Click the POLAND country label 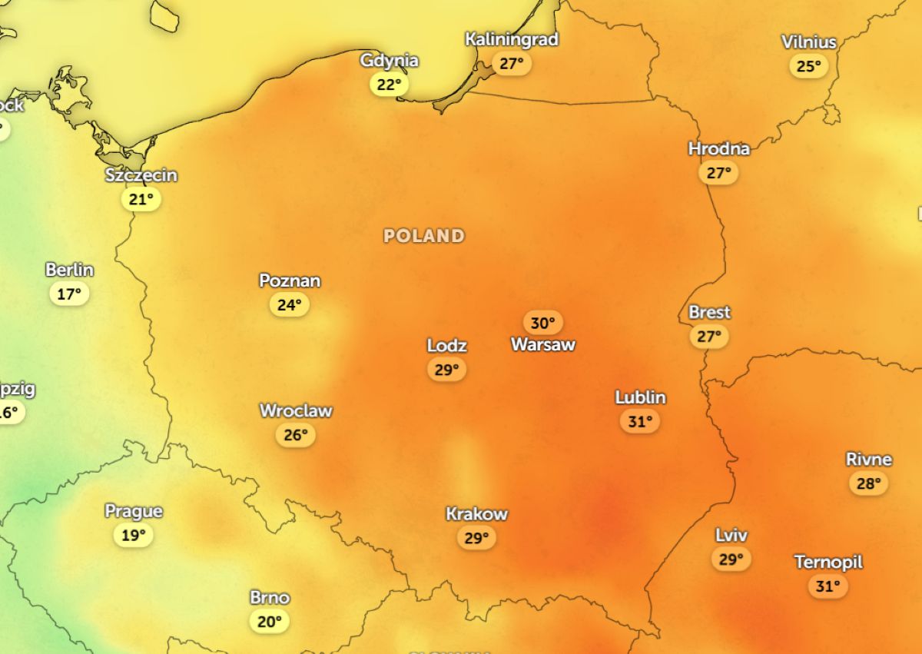pyautogui.click(x=424, y=236)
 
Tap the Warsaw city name pyautogui.click(x=543, y=345)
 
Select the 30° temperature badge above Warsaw pyautogui.click(x=543, y=323)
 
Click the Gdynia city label pyautogui.click(x=390, y=61)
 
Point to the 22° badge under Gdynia pyautogui.click(x=390, y=85)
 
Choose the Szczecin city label pyautogui.click(x=141, y=175)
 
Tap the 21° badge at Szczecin pyautogui.click(x=141, y=200)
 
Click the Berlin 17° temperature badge pyautogui.click(x=69, y=294)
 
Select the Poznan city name pyautogui.click(x=290, y=281)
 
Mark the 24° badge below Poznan pyautogui.click(x=290, y=305)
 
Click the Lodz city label pyautogui.click(x=447, y=346)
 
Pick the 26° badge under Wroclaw pyautogui.click(x=296, y=436)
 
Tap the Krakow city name pyautogui.click(x=476, y=514)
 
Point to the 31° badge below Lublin pyautogui.click(x=640, y=421)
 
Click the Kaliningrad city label pyautogui.click(x=512, y=39)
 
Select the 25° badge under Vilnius pyautogui.click(x=808, y=66)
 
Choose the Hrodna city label pyautogui.click(x=718, y=148)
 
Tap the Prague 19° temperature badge pyautogui.click(x=134, y=535)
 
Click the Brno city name pyautogui.click(x=270, y=597)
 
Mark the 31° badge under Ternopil pyautogui.click(x=828, y=587)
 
